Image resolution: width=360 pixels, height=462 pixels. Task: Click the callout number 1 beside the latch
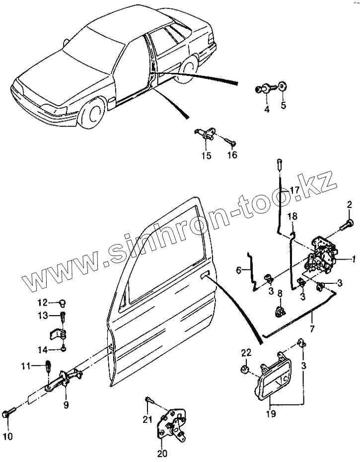coord(354,259)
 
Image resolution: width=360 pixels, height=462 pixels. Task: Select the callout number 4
coord(267,109)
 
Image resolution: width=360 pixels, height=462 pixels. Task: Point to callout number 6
coord(239,270)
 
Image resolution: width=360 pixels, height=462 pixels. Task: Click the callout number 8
coord(280,294)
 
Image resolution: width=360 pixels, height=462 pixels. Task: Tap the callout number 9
coord(66,404)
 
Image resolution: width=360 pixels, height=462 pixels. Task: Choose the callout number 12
coord(42,302)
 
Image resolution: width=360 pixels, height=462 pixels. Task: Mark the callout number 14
coord(43,349)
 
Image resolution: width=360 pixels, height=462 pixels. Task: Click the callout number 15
coord(206,155)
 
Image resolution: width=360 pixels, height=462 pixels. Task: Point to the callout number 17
coord(294,190)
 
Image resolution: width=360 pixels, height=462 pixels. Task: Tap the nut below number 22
coord(244,370)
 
